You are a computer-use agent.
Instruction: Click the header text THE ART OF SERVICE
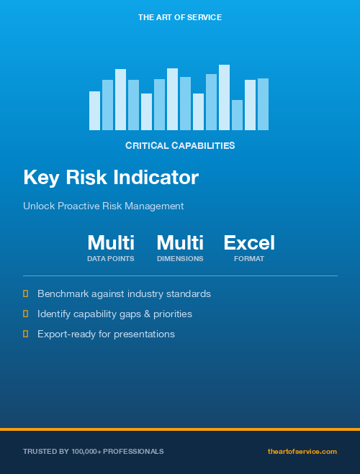pyautogui.click(x=180, y=17)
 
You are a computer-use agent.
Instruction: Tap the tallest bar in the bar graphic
pyautogui.click(x=224, y=97)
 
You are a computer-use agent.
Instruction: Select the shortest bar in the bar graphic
pyautogui.click(x=237, y=115)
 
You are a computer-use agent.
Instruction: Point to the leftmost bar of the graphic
pyautogui.click(x=94, y=111)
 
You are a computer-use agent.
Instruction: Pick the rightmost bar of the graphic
pyautogui.click(x=263, y=104)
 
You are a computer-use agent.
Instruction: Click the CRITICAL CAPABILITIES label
pyautogui.click(x=180, y=145)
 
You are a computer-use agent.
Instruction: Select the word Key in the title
pyautogui.click(x=40, y=177)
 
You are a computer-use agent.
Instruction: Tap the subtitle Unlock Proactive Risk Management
pyautogui.click(x=103, y=206)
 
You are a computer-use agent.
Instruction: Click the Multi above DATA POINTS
pyautogui.click(x=111, y=242)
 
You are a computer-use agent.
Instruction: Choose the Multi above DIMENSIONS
pyautogui.click(x=180, y=242)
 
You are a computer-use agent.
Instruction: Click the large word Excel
pyautogui.click(x=249, y=242)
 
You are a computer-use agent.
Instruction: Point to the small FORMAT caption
pyautogui.click(x=249, y=259)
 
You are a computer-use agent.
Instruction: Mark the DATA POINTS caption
pyautogui.click(x=111, y=259)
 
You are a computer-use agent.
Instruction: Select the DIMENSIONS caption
pyautogui.click(x=180, y=259)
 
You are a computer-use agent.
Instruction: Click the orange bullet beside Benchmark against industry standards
pyautogui.click(x=26, y=293)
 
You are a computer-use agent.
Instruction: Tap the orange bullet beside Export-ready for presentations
pyautogui.click(x=26, y=334)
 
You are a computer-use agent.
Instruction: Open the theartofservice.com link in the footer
pyautogui.click(x=302, y=451)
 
